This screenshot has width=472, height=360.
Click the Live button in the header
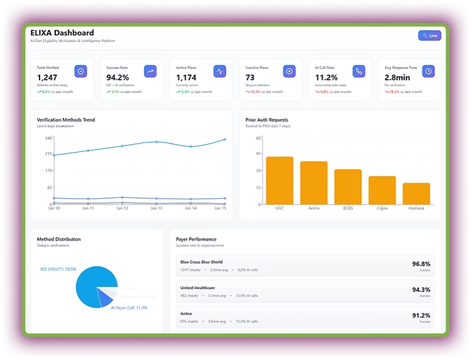(430, 36)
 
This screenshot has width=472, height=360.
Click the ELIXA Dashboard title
(62, 33)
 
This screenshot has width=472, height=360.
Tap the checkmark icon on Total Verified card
(81, 71)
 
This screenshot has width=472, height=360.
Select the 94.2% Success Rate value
(118, 78)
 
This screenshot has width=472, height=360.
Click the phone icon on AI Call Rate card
(359, 71)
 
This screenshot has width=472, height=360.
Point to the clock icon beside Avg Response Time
(429, 71)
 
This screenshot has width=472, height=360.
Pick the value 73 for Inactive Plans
(250, 78)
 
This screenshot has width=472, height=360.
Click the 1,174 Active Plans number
(186, 78)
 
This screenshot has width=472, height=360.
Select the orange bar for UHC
(279, 181)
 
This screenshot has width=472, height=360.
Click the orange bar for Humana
(416, 193)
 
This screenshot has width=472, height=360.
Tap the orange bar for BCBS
(348, 187)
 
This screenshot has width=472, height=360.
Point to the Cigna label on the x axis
(382, 209)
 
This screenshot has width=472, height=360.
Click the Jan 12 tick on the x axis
(122, 209)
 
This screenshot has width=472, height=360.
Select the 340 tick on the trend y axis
(48, 138)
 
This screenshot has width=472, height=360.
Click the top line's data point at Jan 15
(224, 140)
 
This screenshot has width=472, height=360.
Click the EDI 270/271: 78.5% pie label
(58, 269)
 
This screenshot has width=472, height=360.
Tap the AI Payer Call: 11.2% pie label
(129, 308)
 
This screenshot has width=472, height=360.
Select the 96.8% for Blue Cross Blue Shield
(421, 264)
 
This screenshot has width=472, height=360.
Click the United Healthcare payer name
(197, 288)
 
